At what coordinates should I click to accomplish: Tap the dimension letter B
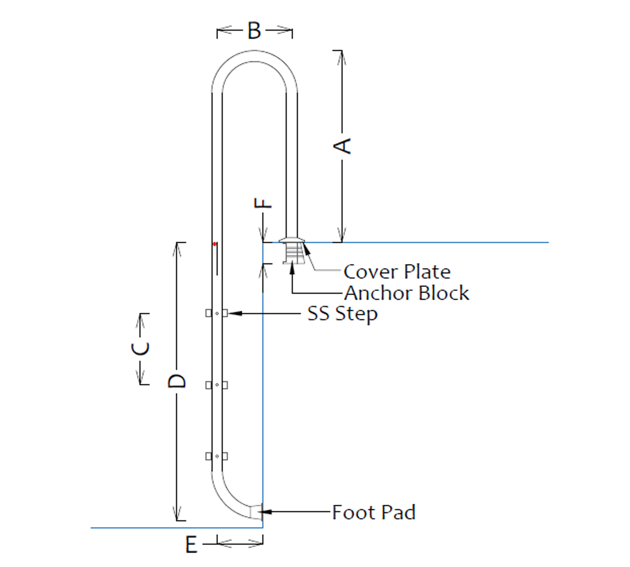pos(254,31)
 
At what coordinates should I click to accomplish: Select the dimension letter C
pos(140,348)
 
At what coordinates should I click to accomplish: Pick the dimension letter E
pos(191,545)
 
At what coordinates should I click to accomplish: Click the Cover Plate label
pos(397,272)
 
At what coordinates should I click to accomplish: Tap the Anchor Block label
pos(406,293)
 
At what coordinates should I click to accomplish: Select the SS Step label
pos(342,314)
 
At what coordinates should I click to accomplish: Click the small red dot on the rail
pos(215,244)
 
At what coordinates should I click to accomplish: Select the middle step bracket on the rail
pos(217,385)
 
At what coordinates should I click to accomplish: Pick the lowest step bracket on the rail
pos(217,456)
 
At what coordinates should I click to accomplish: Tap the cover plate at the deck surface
pos(292,240)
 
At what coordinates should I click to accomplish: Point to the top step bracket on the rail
pos(217,313)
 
